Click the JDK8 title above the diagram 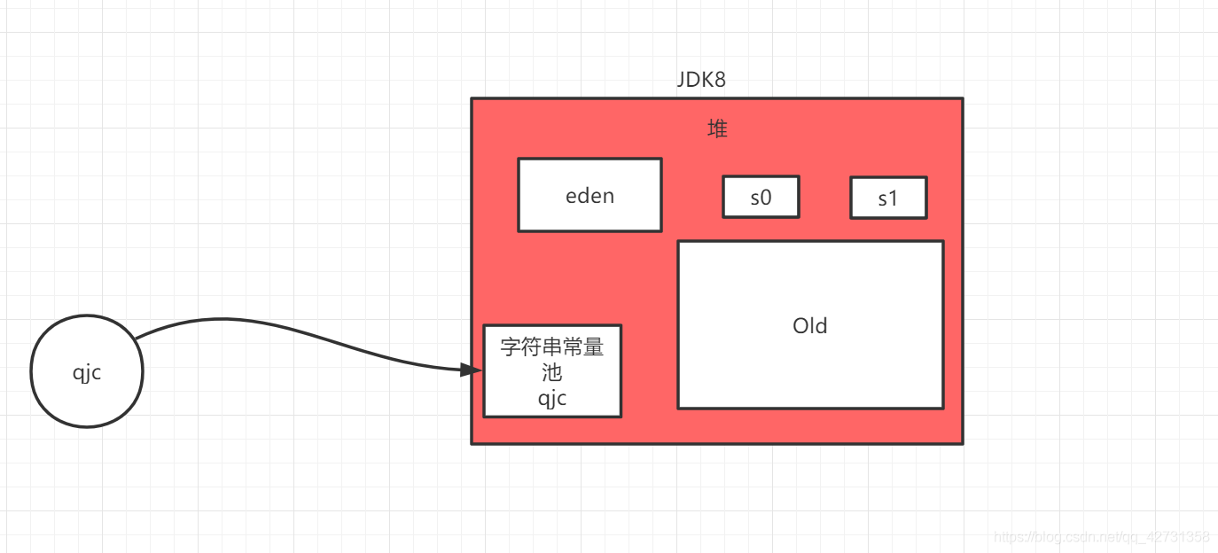701,80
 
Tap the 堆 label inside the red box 717,129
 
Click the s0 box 761,197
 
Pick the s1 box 888,198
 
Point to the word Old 809,326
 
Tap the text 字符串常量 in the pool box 552,347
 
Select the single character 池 552,373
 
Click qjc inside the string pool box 552,399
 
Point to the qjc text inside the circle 87,373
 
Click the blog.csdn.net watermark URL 1101,537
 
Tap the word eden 589,196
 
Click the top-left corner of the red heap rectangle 472,98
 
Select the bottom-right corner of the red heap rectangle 962,443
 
